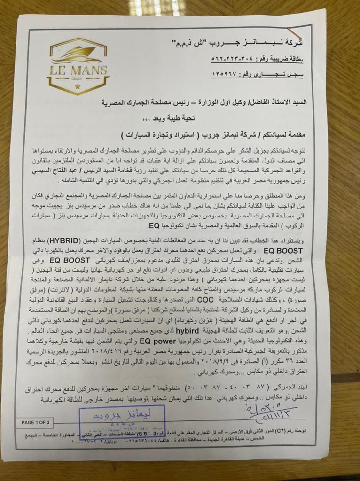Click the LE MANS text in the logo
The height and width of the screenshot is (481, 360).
(78, 71)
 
